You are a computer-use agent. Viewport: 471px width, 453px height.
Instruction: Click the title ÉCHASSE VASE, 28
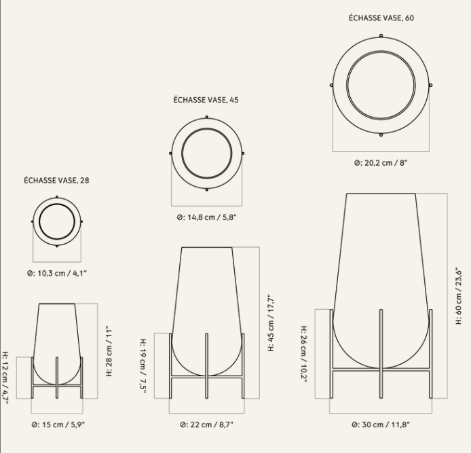(56, 180)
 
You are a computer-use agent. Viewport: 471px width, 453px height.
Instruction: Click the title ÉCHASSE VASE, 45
(206, 100)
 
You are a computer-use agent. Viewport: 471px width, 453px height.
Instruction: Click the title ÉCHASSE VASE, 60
(381, 18)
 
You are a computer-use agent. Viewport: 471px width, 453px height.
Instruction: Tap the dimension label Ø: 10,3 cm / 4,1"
(57, 273)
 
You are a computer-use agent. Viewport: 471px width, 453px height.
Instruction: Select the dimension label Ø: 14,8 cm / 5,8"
(207, 217)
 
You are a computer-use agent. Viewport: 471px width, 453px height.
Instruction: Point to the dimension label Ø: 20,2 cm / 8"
(381, 163)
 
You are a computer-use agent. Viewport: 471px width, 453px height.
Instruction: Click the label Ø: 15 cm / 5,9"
(58, 424)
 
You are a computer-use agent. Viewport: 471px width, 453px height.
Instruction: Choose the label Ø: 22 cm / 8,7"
(207, 424)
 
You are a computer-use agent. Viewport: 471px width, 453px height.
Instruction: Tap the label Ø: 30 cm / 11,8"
(381, 424)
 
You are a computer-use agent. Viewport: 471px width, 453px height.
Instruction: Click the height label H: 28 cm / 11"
(109, 350)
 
